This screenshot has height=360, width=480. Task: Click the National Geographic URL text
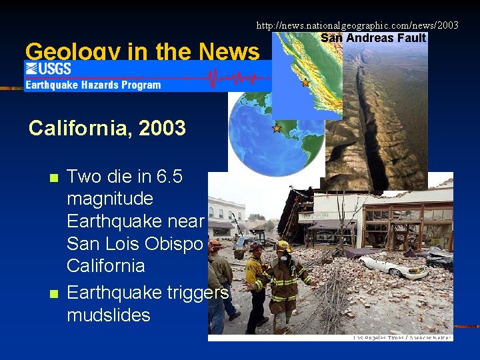(357, 25)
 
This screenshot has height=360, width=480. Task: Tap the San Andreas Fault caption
(373, 38)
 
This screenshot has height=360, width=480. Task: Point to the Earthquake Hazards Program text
(93, 85)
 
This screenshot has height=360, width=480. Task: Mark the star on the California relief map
(305, 83)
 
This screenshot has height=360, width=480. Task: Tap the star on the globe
(277, 128)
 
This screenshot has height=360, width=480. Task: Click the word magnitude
(110, 199)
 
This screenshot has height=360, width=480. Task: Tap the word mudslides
(109, 315)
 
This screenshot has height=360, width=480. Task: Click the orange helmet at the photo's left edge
(215, 245)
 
